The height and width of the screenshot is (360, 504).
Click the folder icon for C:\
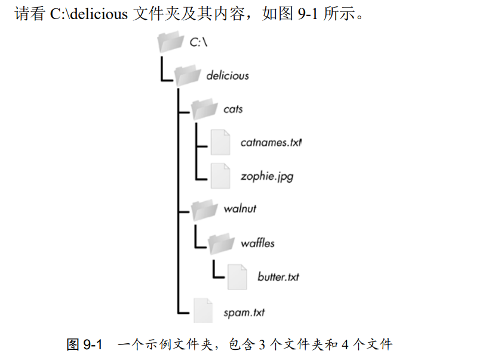(170, 42)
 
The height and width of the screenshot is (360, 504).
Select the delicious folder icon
(188, 75)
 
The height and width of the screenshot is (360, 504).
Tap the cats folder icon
(204, 109)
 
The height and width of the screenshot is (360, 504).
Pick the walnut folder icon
(204, 209)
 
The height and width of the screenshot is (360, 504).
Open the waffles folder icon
(222, 242)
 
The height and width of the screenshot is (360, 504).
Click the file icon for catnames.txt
(220, 143)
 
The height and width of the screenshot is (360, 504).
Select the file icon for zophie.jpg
(220, 176)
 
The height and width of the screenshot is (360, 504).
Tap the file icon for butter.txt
(237, 276)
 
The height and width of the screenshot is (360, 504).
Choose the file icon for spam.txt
(203, 311)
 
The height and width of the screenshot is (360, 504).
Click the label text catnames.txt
(271, 143)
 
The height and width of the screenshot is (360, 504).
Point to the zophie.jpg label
(266, 177)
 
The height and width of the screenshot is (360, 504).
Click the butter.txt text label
(278, 277)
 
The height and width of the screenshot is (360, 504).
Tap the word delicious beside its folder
(227, 76)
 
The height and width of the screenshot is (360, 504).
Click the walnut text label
(239, 210)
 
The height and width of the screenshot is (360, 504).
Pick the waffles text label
(257, 243)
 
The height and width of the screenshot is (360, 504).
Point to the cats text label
(233, 109)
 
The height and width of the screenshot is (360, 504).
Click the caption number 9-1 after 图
(92, 344)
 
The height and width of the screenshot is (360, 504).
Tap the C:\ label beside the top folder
(198, 42)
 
